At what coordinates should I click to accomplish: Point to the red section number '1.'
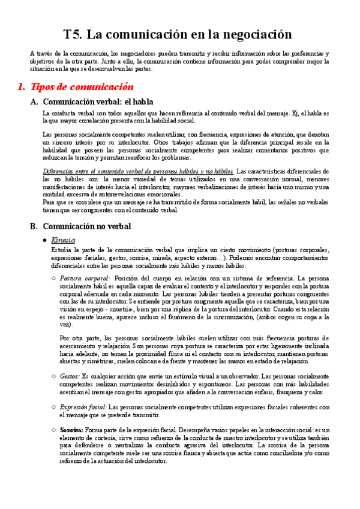tap(22, 86)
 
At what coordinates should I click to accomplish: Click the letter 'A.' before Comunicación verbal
tap(34, 101)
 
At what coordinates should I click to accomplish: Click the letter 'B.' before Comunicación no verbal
tap(34, 226)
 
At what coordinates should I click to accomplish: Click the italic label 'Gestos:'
tap(71, 375)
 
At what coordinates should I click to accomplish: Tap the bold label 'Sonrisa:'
tap(72, 430)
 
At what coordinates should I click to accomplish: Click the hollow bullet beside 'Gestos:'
tap(54, 376)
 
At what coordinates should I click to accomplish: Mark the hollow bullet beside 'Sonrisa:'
tap(54, 430)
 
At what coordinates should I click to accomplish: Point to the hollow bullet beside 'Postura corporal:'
tap(54, 279)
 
